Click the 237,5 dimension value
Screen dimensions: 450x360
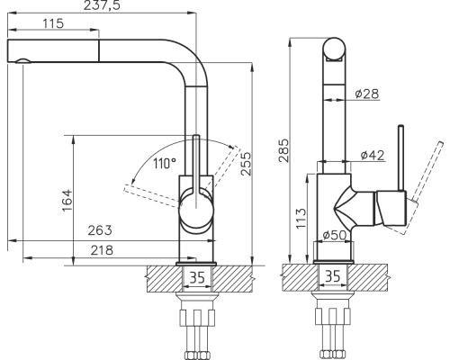pyautogui.click(x=102, y=5)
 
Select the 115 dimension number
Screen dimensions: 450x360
pyautogui.click(x=53, y=23)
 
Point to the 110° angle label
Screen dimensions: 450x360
pyautogui.click(x=165, y=164)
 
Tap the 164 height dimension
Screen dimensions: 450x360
pyautogui.click(x=67, y=201)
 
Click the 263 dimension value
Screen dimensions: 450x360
pyautogui.click(x=100, y=230)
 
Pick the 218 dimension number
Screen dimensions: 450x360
pyautogui.click(x=102, y=250)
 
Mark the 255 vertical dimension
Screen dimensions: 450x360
pyautogui.click(x=246, y=164)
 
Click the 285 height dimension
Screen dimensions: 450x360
pyautogui.click(x=283, y=150)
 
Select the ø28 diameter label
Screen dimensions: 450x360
pyautogui.click(x=366, y=94)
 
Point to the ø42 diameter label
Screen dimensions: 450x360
pyautogui.click(x=373, y=155)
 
